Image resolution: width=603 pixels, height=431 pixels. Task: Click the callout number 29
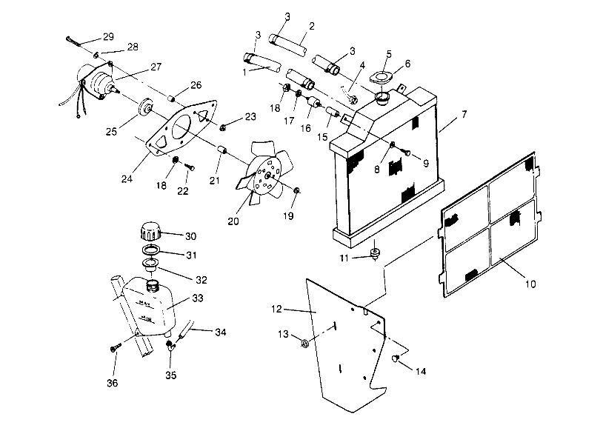108,38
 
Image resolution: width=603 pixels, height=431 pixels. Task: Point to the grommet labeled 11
376,255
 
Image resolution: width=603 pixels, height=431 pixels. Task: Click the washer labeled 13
305,342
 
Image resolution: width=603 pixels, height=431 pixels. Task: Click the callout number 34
219,332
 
